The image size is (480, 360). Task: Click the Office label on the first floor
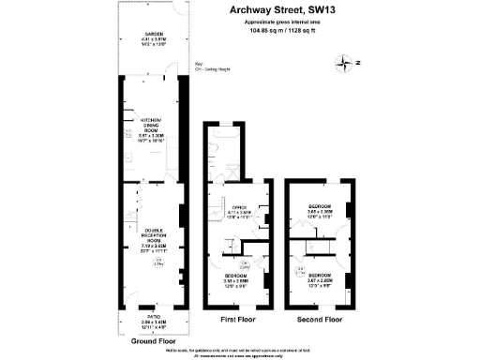(x=238, y=211)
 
